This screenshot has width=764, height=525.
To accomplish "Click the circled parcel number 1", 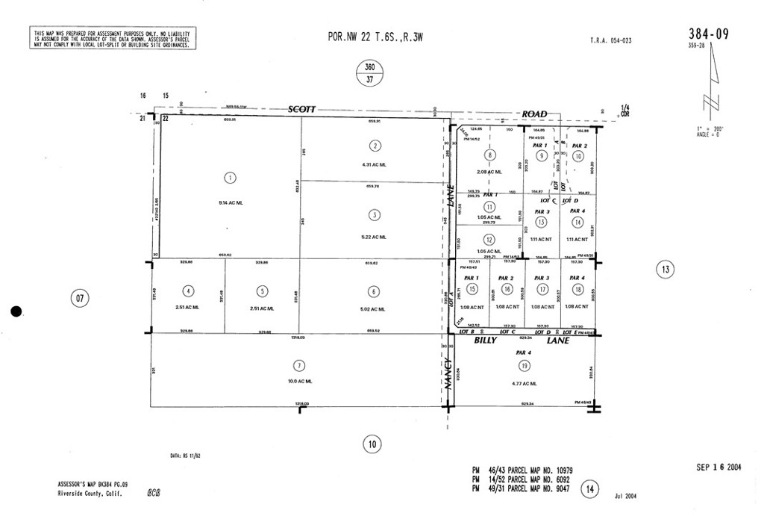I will pyautogui.click(x=230, y=178).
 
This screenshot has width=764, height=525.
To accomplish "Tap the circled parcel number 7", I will pyautogui.click(x=298, y=365).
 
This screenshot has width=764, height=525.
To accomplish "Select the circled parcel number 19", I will pyautogui.click(x=525, y=365).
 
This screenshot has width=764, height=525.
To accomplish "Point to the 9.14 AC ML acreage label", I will pyautogui.click(x=230, y=202).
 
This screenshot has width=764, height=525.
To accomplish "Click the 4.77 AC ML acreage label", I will pyautogui.click(x=525, y=384).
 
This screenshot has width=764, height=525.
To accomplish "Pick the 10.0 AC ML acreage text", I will pyautogui.click(x=298, y=382).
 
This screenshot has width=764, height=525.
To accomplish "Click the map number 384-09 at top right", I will pyautogui.click(x=709, y=34).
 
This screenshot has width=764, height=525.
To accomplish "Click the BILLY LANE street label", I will pyautogui.click(x=522, y=340).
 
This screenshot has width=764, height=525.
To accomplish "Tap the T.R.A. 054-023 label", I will pyautogui.click(x=610, y=40).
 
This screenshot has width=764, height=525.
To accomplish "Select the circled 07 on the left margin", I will pyautogui.click(x=79, y=299).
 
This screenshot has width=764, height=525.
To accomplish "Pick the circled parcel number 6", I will pyautogui.click(x=372, y=291).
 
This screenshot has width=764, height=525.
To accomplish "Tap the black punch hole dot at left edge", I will pyautogui.click(x=17, y=312).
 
